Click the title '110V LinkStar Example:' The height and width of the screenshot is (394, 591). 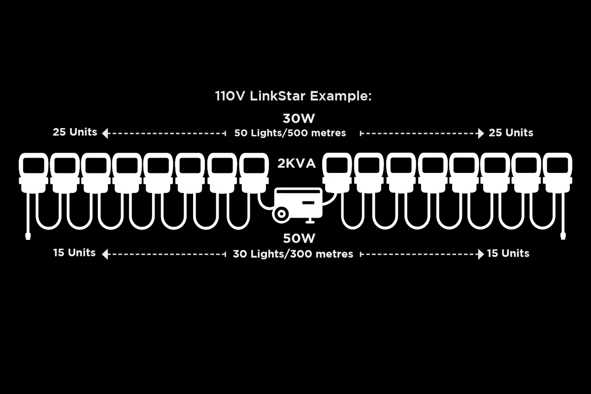coord(293,96)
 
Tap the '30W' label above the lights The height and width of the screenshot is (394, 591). coord(298,119)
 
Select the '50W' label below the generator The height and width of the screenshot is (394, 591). coord(299,238)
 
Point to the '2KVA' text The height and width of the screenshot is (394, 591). coord(296,164)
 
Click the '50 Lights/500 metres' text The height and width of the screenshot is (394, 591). coord(290,133)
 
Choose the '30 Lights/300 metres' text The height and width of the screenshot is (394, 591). coord(293,254)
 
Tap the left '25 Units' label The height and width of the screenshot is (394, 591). coord(75,132)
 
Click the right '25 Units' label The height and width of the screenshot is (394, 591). coord(511,133)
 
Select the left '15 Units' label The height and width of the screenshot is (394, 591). coord(74,253)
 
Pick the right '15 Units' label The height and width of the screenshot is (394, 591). coord(508,254)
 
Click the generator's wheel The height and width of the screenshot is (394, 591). coord(281,214)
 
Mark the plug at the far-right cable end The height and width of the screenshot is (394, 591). coord(563,235)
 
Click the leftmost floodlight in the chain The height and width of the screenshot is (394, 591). coord(33,173)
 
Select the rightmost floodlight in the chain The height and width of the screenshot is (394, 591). coord(558,173)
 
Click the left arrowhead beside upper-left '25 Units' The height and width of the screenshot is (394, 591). coord(105,133)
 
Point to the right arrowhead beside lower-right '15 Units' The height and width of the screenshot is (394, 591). coord(481,255)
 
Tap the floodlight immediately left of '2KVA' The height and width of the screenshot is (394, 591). coord(254,173)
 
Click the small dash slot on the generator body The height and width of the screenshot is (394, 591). coord(308,203)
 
